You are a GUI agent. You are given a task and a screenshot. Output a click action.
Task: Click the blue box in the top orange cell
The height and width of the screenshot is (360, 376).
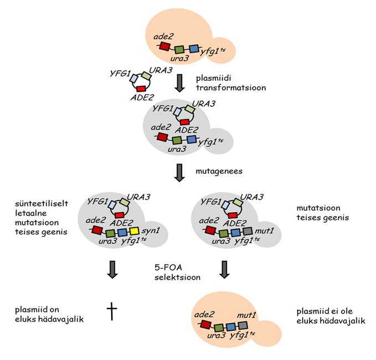[193, 49]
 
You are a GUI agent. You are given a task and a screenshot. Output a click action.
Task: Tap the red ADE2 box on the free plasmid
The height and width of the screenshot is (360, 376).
[141, 89]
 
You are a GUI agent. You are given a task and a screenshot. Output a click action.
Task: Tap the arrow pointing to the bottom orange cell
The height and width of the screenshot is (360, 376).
[224, 269]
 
